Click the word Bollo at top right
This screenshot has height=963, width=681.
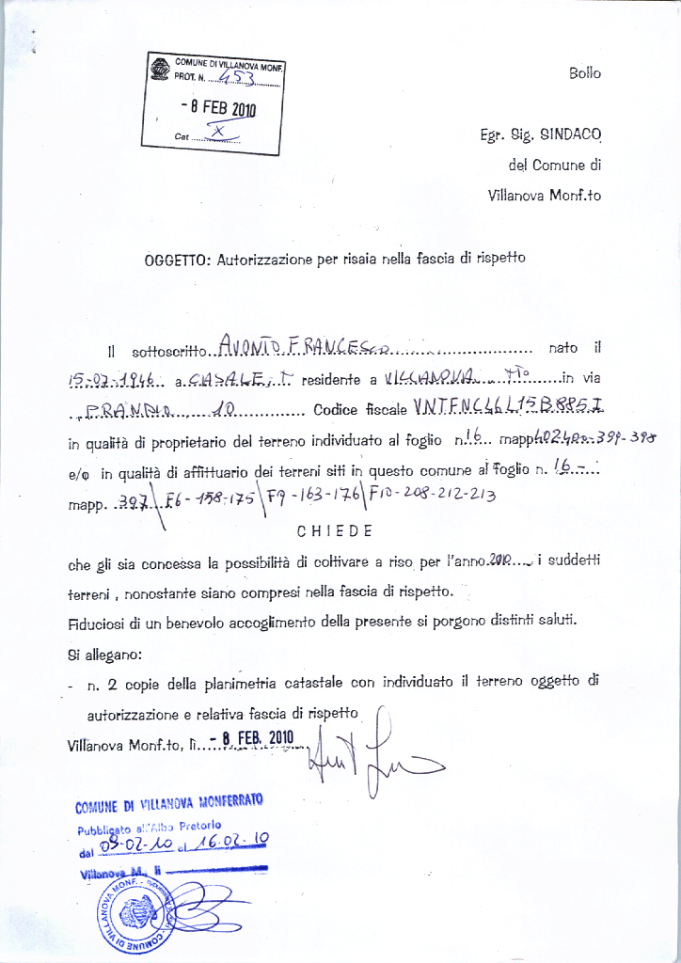coord(584,73)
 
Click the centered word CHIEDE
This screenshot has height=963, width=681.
coord(335,530)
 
